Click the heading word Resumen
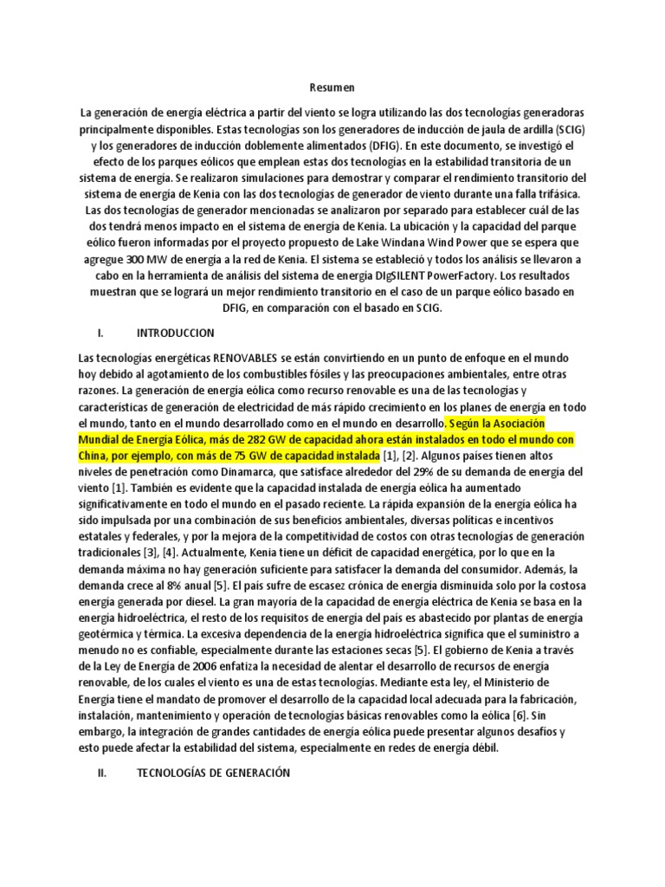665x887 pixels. (x=332, y=87)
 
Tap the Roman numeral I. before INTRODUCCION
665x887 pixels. (x=100, y=333)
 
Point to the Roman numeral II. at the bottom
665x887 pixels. (x=101, y=774)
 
